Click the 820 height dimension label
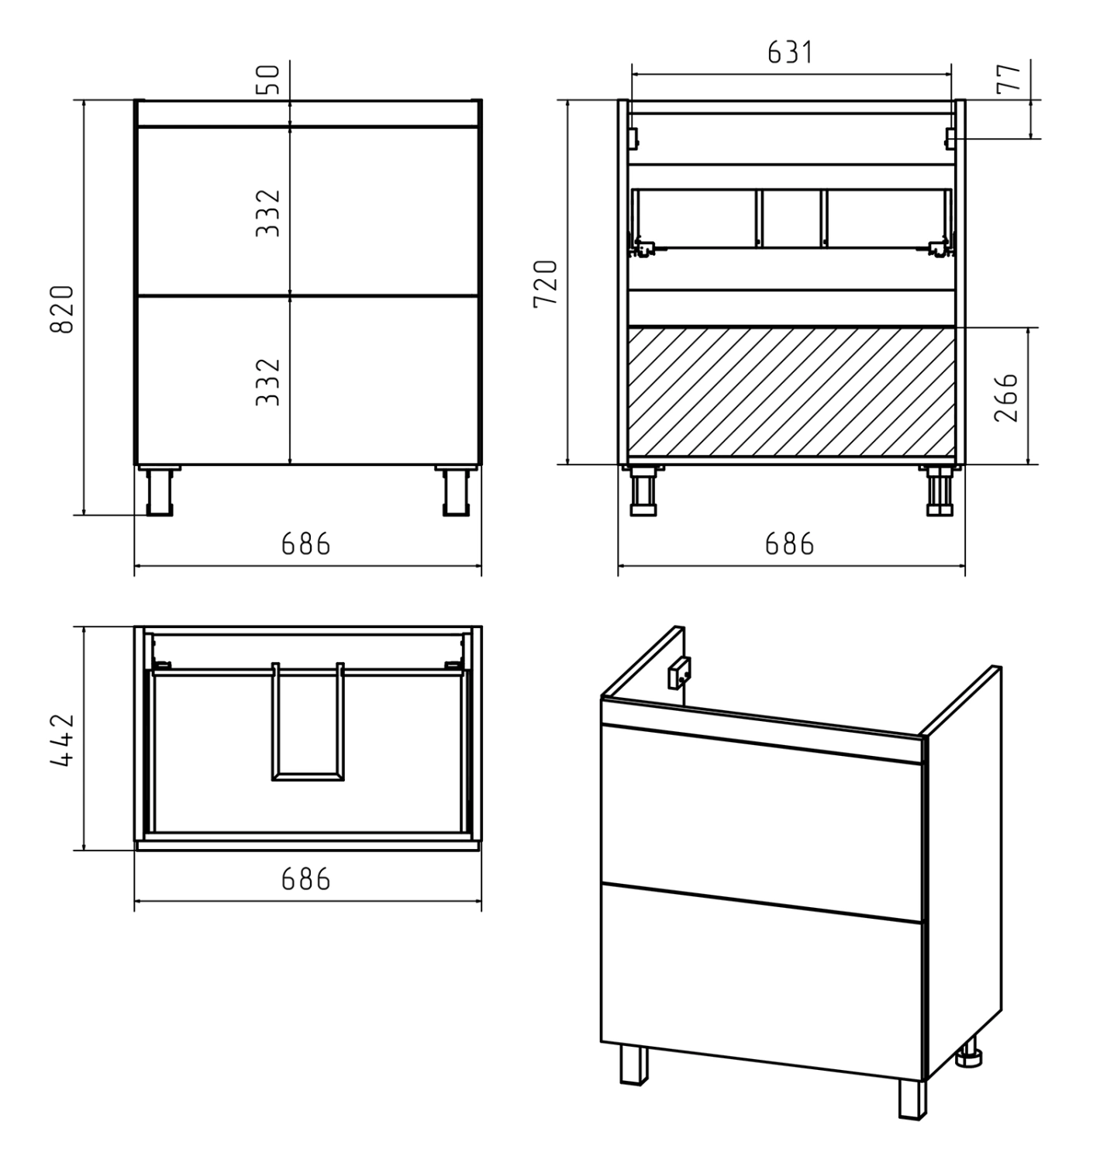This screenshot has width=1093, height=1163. coord(62,309)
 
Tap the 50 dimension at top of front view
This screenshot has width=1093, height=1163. coord(268,79)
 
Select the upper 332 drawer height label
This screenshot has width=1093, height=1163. coord(268,213)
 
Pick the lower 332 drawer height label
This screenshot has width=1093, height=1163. coord(268,382)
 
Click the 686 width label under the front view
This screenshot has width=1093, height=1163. coord(305,544)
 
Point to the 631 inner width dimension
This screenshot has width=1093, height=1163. coord(789,53)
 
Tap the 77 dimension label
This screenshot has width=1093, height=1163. coord(1009,78)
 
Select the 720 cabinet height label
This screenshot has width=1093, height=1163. coord(545,284)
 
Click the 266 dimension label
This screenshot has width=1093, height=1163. coord(1006,398)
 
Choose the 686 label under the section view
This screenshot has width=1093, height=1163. coord(789,544)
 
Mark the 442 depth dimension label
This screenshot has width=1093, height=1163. coord(62,740)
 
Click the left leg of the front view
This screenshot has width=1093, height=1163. coord(160,491)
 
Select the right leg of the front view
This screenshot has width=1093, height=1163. coord(457,491)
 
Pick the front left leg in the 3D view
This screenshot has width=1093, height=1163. coord(634,1066)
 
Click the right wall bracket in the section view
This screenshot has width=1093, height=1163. coord(950,138)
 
